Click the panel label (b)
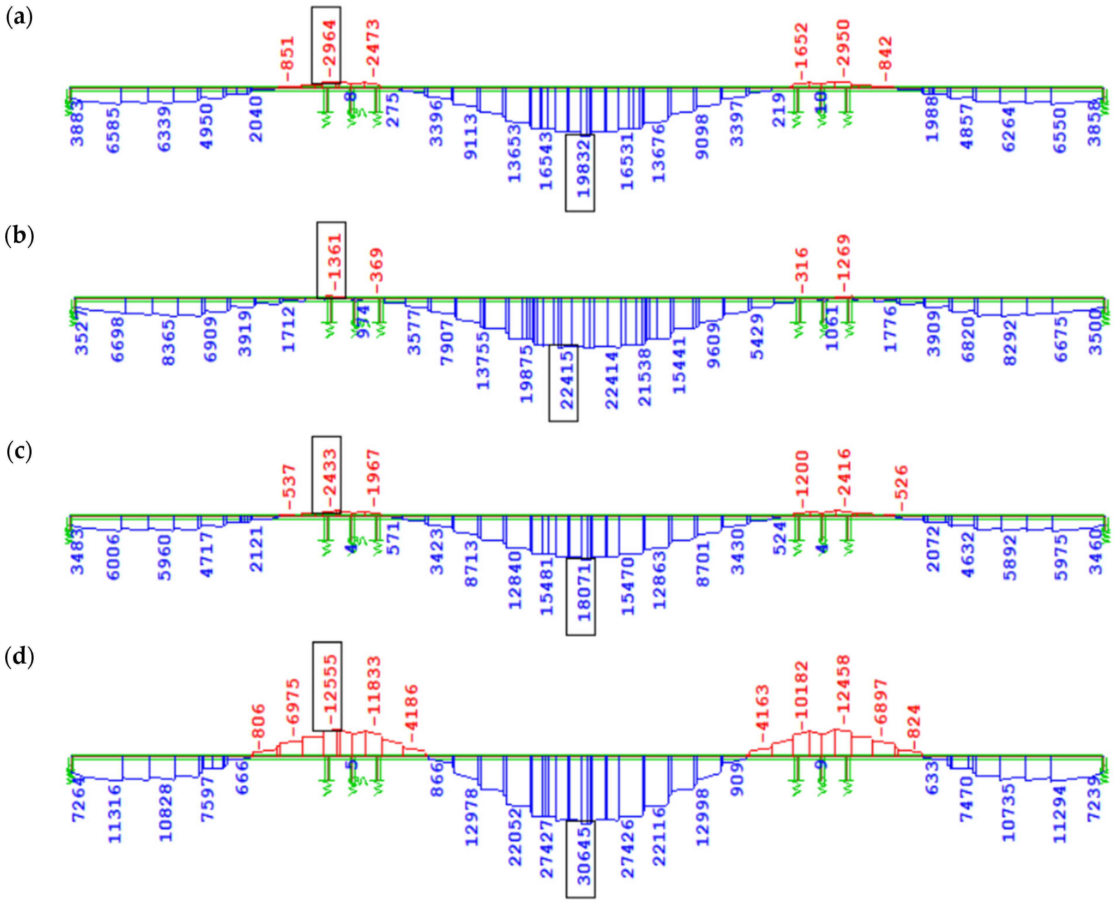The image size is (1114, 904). click(x=19, y=236)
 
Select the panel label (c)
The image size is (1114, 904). click(x=19, y=451)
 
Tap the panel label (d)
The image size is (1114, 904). click(x=19, y=657)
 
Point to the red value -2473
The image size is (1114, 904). click(x=373, y=43)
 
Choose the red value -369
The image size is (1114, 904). click(x=376, y=264)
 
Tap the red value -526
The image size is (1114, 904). click(x=902, y=482)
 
